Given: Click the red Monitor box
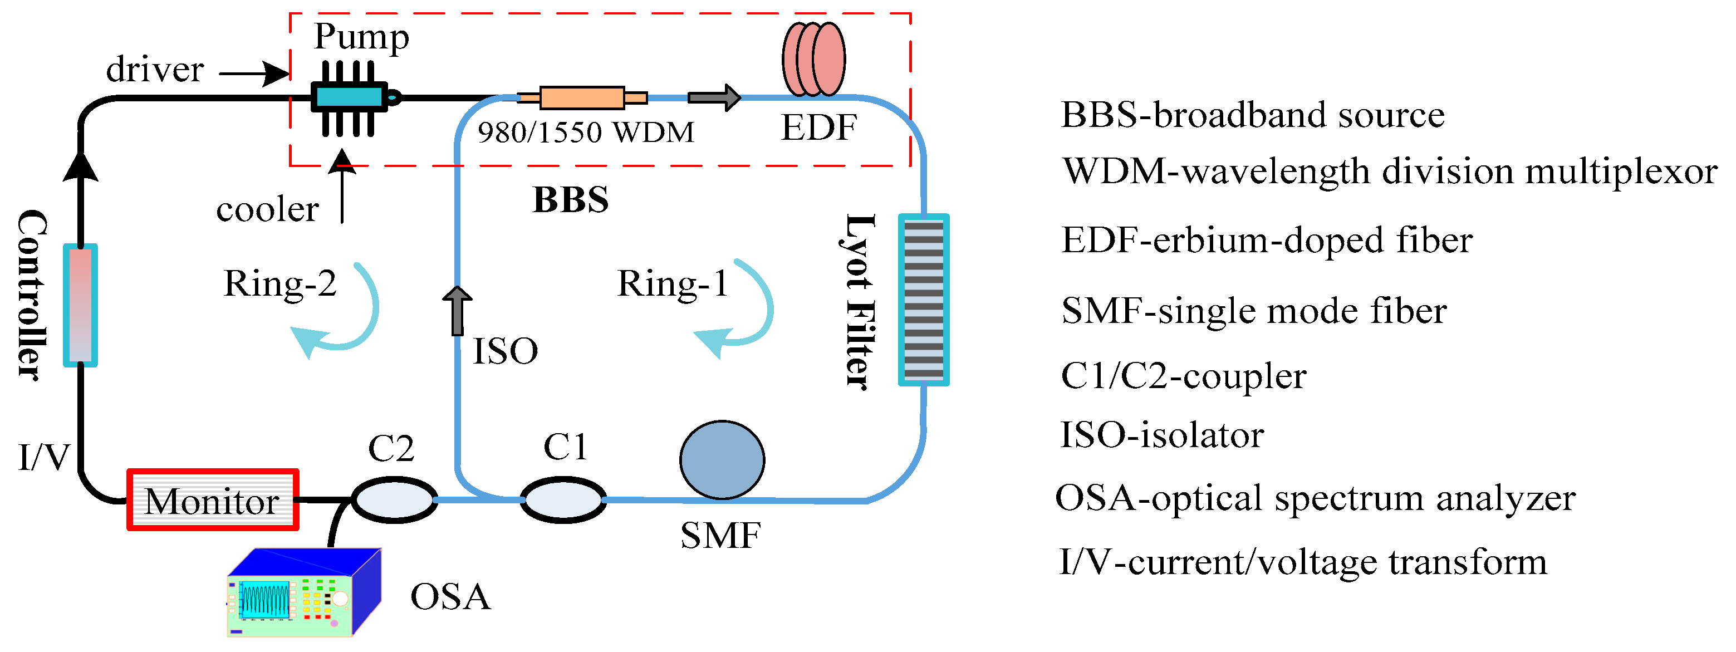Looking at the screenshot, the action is [x=213, y=499].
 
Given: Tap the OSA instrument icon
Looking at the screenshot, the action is [x=304, y=592].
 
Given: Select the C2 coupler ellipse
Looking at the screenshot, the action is [x=394, y=499].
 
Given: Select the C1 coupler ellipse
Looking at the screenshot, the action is [x=563, y=499].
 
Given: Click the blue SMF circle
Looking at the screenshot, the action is [x=722, y=460].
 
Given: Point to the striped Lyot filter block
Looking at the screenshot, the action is [x=924, y=300].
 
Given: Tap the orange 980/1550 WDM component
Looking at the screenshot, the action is [x=582, y=98].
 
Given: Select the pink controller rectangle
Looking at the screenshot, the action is [x=80, y=306].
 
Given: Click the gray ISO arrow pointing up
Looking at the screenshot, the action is [x=458, y=311].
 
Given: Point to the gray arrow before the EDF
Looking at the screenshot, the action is [x=714, y=98].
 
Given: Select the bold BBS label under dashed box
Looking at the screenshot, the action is [x=571, y=199].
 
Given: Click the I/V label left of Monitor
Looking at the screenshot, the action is [x=45, y=458].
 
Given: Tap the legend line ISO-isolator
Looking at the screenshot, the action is [x=1162, y=435].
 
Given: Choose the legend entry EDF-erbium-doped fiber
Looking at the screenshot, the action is [x=1267, y=240].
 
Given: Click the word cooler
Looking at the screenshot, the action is [x=268, y=210].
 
